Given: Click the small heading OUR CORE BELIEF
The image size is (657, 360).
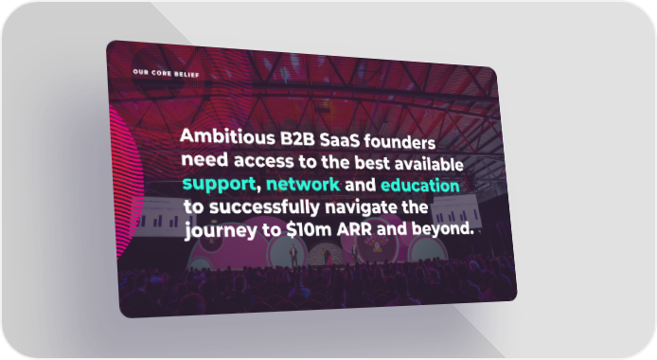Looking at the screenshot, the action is coord(166,73).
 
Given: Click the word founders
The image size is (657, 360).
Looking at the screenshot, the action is coord(400,142).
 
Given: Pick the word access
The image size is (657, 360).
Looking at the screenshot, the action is coord(263,161).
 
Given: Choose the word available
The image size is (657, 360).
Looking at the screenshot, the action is coord(429,164).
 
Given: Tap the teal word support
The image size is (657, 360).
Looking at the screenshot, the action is coord(219,184).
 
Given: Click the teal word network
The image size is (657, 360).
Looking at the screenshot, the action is coord(303,184).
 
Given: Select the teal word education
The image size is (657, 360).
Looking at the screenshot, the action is coord(419,186).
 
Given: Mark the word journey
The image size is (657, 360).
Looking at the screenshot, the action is coord(221,230).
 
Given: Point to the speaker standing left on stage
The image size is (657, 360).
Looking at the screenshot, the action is coord(293,255).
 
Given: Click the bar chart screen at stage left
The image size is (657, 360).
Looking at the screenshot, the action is coord(161,217).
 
